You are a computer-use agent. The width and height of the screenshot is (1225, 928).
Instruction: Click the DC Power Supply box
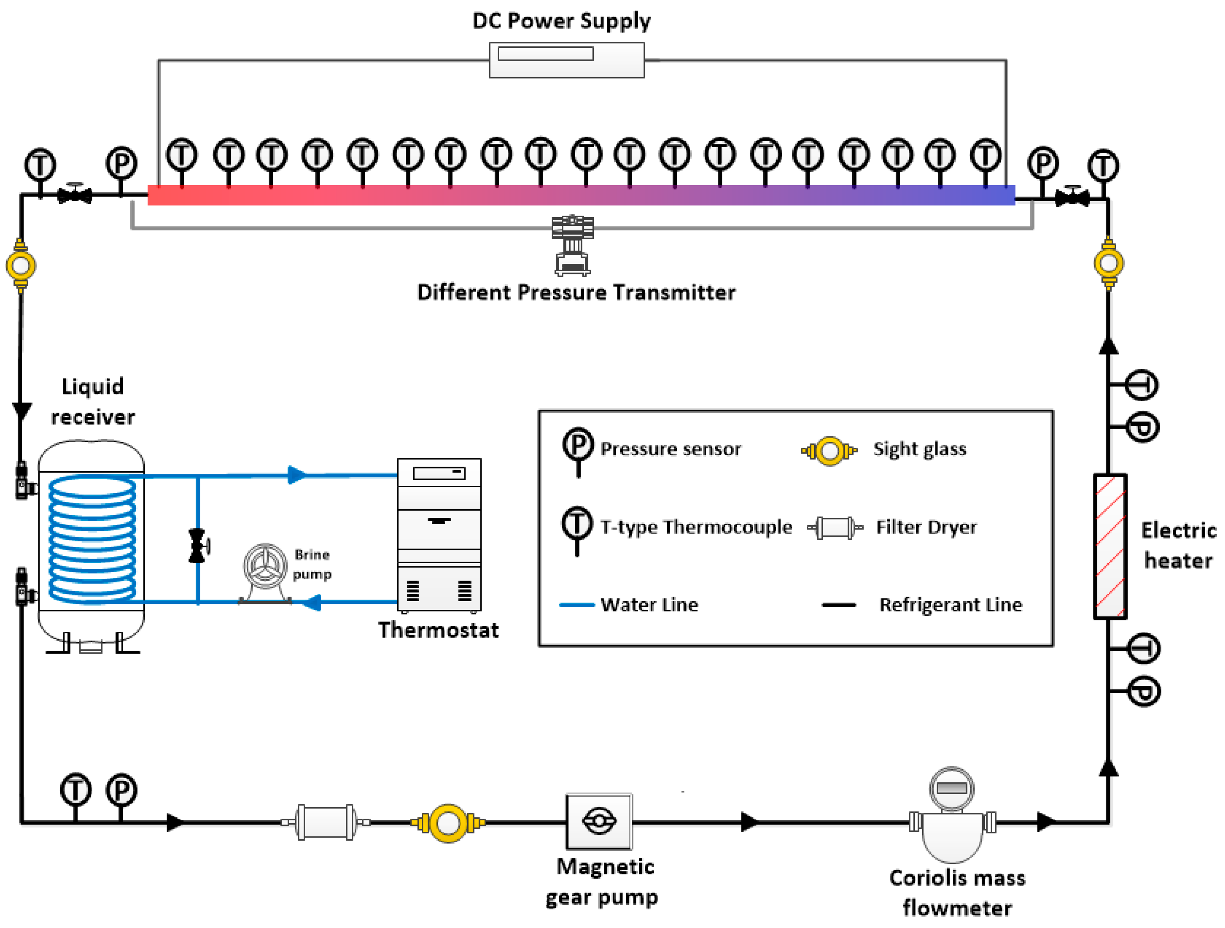coord(567,60)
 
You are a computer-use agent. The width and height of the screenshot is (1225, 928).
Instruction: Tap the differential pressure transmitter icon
coord(573,245)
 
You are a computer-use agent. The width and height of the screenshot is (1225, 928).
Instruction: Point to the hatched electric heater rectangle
coord(1110,546)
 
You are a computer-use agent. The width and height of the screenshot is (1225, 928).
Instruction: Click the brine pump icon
coord(265,573)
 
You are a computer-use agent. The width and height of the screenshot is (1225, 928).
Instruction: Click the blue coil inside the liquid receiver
coord(92,539)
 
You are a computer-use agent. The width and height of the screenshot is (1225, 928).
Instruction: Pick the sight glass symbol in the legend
coord(829,451)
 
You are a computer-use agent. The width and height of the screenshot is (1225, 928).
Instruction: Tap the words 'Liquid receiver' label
coord(92,402)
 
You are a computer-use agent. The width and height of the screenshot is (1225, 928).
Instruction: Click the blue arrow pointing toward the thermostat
coord(297,475)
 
